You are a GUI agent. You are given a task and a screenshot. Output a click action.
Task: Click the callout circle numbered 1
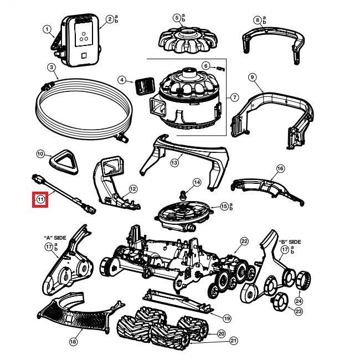(x=47, y=29)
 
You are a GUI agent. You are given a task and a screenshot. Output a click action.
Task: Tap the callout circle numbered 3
(x=51, y=68)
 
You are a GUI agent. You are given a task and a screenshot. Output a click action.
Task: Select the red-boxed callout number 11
(x=41, y=199)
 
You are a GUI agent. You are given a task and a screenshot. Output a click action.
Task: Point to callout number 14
(x=197, y=182)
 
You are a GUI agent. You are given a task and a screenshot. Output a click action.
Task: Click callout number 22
(x=244, y=241)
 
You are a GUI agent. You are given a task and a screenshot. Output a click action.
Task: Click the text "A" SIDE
(x=55, y=238)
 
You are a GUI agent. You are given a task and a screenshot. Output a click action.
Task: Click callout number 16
(x=280, y=168)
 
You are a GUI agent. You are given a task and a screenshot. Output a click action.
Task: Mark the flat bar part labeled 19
(x=183, y=302)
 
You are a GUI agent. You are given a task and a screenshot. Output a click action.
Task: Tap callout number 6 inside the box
(x=205, y=65)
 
